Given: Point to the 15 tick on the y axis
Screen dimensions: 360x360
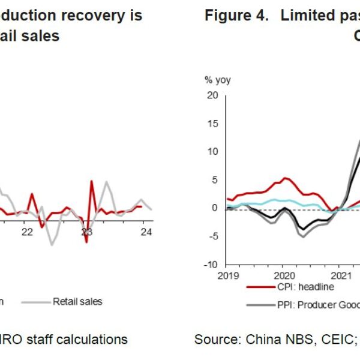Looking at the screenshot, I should click(x=212, y=124).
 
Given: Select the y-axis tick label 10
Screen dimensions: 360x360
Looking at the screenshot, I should click(x=212, y=152).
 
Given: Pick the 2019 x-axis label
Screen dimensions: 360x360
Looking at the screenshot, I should click(x=227, y=276).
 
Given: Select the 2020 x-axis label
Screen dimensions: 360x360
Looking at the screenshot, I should click(x=283, y=276).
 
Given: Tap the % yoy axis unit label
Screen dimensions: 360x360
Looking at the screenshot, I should click(x=217, y=80).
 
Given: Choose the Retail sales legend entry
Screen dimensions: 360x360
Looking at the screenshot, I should click(x=77, y=301).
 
